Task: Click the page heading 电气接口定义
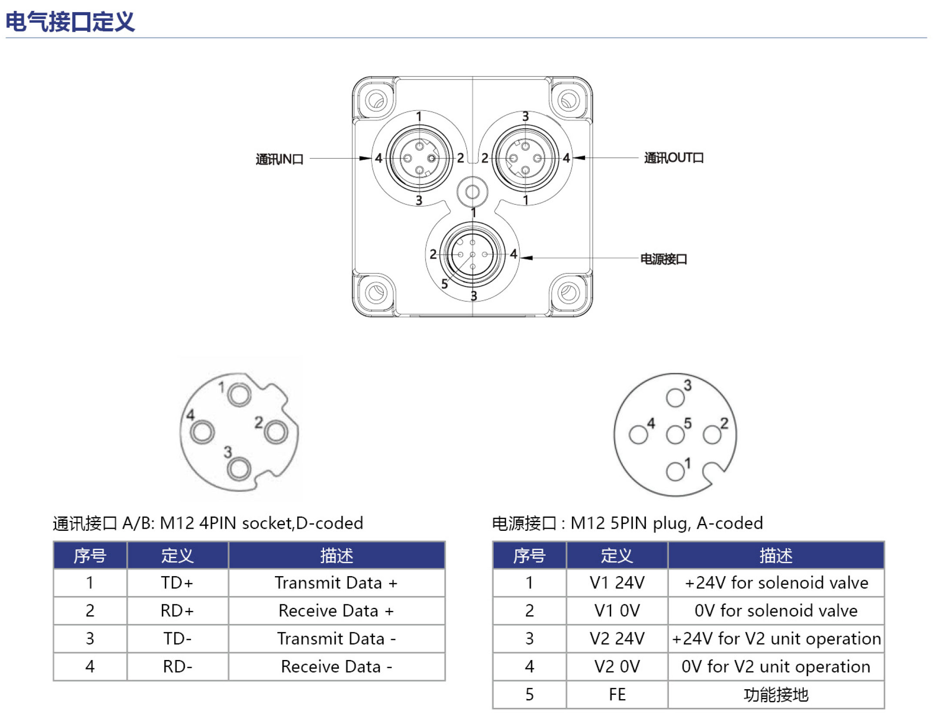(70, 22)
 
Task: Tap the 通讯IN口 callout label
(279, 159)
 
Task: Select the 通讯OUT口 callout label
(674, 158)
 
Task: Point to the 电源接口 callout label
(664, 259)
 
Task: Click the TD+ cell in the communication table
(177, 583)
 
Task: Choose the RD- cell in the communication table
(177, 666)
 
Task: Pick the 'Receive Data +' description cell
(336, 610)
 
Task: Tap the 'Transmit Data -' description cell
(336, 638)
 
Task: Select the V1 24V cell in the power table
(617, 583)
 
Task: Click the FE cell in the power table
(617, 694)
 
